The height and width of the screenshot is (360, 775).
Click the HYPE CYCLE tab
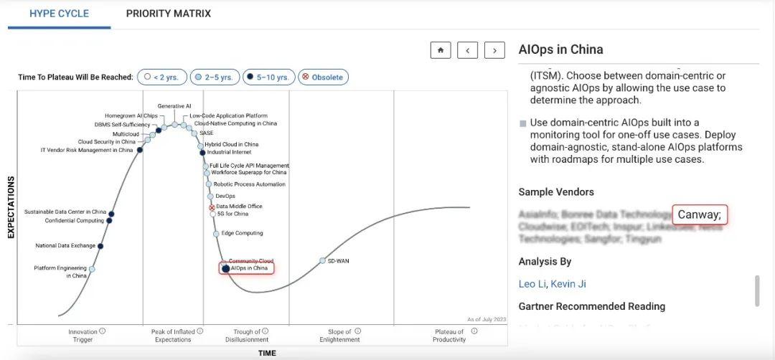pyautogui.click(x=59, y=14)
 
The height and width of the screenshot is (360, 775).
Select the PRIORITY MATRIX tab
pyautogui.click(x=169, y=14)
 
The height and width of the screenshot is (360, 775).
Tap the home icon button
pyautogui.click(x=440, y=50)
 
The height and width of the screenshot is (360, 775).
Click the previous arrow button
pyautogui.click(x=467, y=50)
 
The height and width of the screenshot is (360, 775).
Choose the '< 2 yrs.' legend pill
pyautogui.click(x=162, y=77)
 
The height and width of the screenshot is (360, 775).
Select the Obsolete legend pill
pyautogui.click(x=324, y=77)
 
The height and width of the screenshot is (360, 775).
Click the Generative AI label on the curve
pyautogui.click(x=174, y=106)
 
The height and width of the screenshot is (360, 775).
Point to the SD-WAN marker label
pyautogui.click(x=339, y=260)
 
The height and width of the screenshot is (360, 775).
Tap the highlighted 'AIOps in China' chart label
pyautogui.click(x=248, y=268)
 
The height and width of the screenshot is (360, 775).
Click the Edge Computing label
pyautogui.click(x=242, y=233)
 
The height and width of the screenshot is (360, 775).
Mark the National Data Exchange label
pyautogui.click(x=65, y=246)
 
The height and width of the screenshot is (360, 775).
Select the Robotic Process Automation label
pyautogui.click(x=249, y=184)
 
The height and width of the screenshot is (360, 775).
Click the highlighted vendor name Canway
pyautogui.click(x=700, y=214)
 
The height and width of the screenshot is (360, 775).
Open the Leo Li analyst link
pyautogui.click(x=532, y=284)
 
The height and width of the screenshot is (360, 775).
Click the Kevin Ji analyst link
pyautogui.click(x=568, y=284)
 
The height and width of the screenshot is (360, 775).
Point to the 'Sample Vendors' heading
pyautogui.click(x=556, y=191)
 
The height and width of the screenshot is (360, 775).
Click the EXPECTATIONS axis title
pyautogui.click(x=11, y=207)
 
